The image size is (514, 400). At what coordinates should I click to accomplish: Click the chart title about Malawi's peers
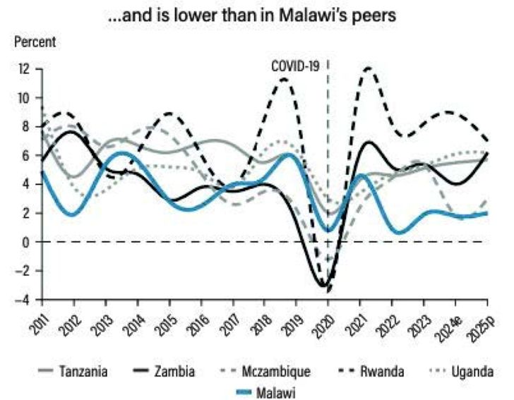click(256, 15)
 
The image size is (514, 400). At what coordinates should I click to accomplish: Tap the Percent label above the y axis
click(34, 42)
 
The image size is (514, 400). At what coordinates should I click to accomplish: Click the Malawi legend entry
click(274, 389)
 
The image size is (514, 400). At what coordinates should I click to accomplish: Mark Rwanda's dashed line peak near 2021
click(368, 68)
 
